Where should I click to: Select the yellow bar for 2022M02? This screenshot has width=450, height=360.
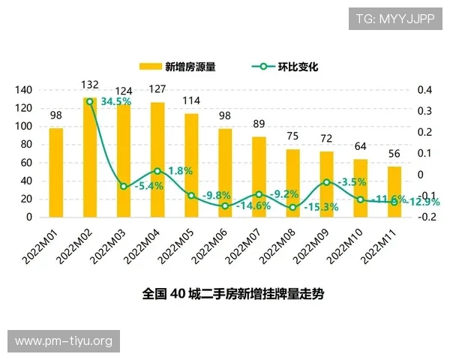[x=90, y=157]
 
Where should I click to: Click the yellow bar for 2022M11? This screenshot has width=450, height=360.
[x=394, y=192]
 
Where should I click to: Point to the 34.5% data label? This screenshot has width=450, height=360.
[x=116, y=101]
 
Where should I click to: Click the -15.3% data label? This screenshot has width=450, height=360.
[x=322, y=207]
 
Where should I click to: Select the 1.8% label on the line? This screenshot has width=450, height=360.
[x=180, y=171]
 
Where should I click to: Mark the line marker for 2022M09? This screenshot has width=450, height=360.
[x=326, y=182]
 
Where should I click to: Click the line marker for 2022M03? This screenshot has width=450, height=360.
[x=124, y=186]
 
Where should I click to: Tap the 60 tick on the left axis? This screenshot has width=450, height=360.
[x=26, y=163]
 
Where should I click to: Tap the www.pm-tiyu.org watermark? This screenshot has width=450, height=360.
[x=63, y=341]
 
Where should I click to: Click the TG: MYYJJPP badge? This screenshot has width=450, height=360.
[x=394, y=19]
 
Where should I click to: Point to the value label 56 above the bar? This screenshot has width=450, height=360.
[x=394, y=155]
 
